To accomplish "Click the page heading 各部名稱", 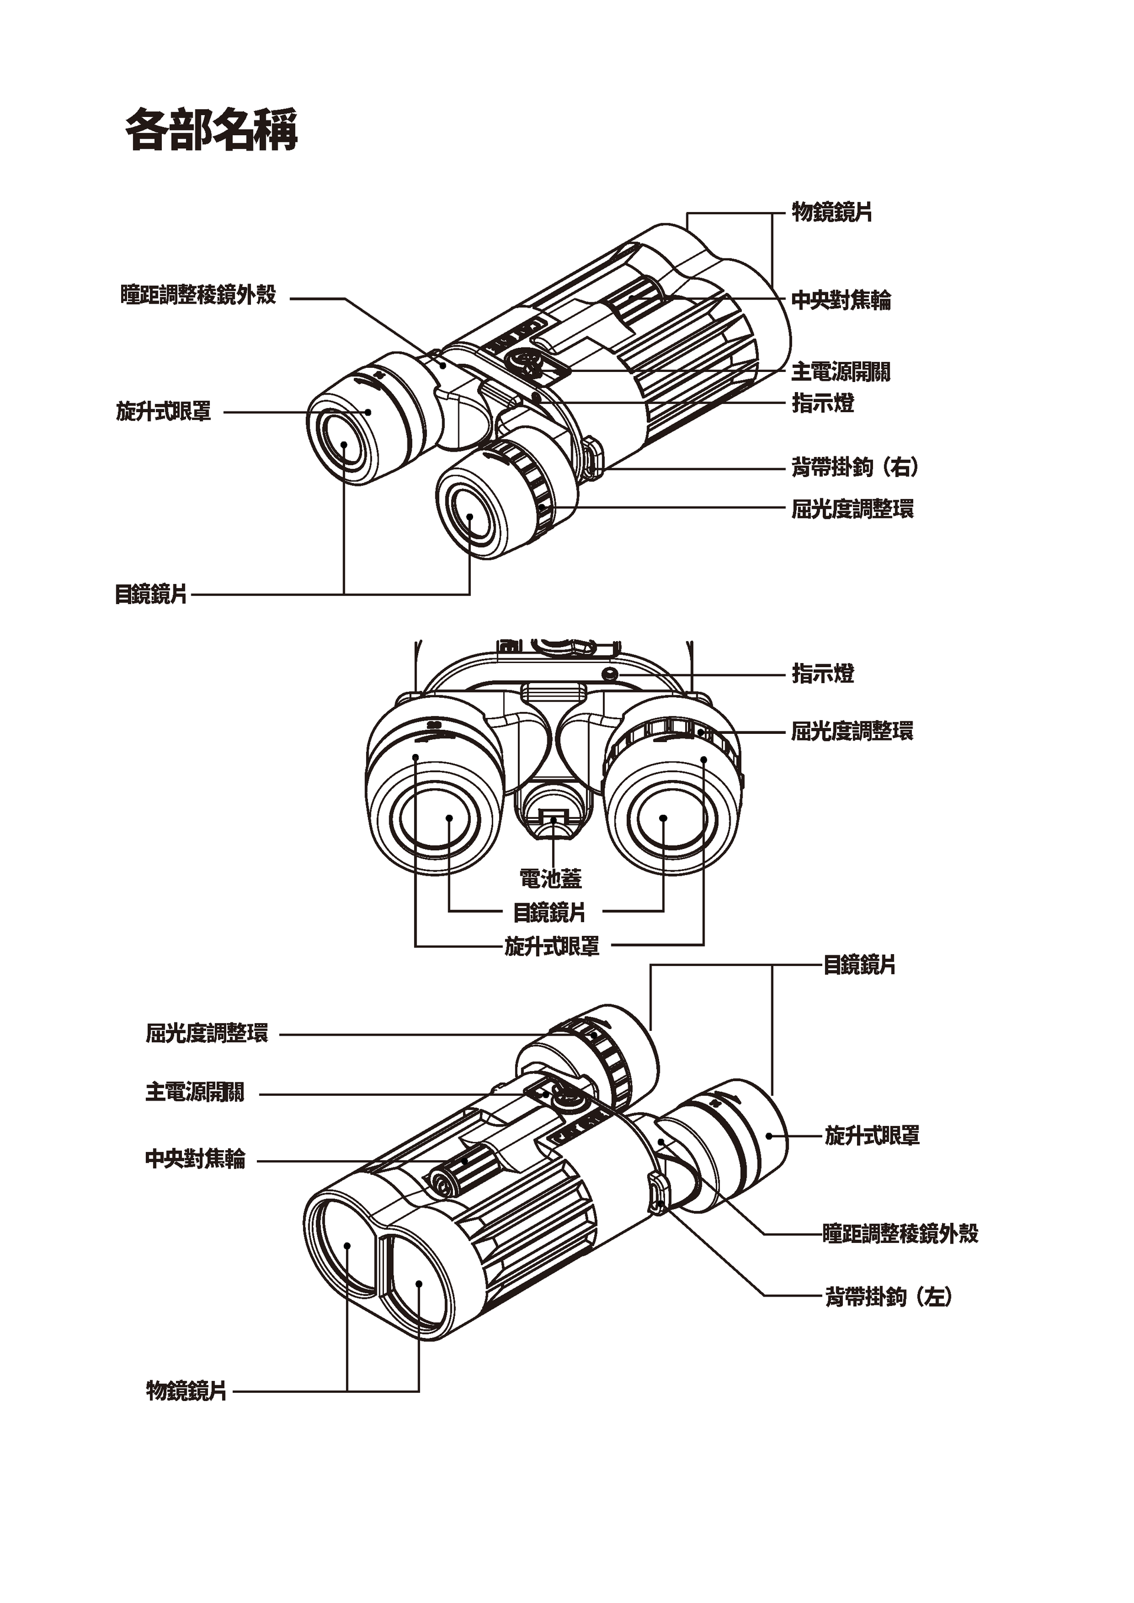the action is tap(211, 130).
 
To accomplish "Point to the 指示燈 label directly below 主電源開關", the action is tap(823, 403).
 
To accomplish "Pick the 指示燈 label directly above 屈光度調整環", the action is tap(823, 674).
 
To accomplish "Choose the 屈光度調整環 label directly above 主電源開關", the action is tap(207, 1033).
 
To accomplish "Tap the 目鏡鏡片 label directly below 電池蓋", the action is tap(549, 912).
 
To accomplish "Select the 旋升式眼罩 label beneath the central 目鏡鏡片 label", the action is tap(552, 946).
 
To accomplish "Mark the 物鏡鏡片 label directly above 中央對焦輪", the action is tap(832, 211).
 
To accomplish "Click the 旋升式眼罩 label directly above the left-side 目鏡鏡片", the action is tap(164, 412).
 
